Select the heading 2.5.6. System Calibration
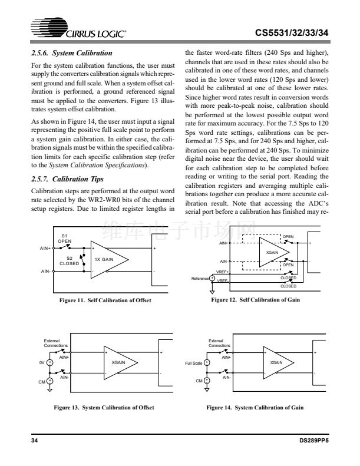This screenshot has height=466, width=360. click(71, 53)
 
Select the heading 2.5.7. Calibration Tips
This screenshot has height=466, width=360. click(67, 178)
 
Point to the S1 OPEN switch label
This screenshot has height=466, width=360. click(65, 239)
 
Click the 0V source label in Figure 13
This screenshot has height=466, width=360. click(42, 362)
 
